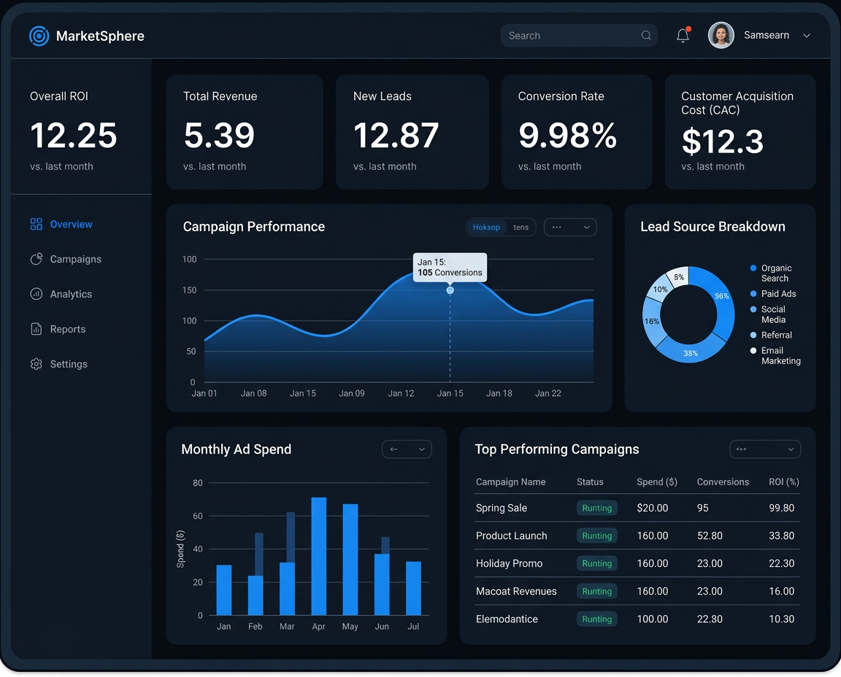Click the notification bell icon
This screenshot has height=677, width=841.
point(683,36)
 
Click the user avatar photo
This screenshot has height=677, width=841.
point(721,35)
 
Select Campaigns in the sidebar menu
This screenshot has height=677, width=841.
point(75,259)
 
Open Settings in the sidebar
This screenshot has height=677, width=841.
point(69,364)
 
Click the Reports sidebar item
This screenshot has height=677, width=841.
point(68,329)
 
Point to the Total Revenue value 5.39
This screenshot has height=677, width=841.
point(219,136)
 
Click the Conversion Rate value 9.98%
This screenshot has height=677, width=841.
point(567,136)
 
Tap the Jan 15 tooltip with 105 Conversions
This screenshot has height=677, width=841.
point(450,267)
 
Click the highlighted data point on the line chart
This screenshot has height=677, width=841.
point(450,290)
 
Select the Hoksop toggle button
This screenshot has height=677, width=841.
point(486,228)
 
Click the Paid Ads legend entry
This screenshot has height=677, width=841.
point(778,294)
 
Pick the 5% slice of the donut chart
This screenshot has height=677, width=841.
point(679,276)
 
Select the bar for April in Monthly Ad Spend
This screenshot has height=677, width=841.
point(319,556)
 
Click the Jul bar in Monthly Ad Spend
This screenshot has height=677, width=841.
point(413,588)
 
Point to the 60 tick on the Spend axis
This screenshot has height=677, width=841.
point(198,516)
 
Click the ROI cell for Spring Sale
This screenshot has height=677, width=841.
point(782,508)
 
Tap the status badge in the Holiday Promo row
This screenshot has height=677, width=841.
point(596,563)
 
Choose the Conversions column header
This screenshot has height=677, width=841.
point(723,482)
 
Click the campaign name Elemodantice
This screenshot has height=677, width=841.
point(507,619)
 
